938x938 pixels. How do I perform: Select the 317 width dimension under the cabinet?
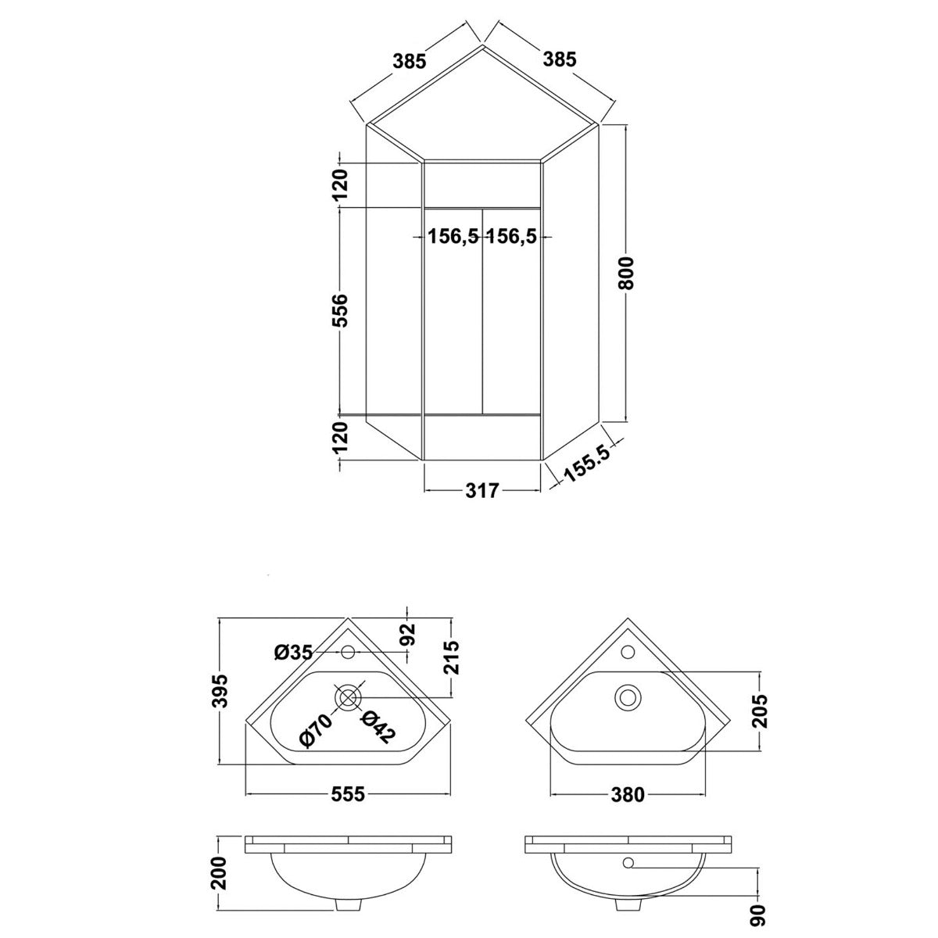(x=482, y=491)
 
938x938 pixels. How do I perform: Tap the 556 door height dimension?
(x=342, y=310)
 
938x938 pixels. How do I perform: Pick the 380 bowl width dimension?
(x=627, y=794)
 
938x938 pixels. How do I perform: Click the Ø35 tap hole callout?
(x=293, y=652)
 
